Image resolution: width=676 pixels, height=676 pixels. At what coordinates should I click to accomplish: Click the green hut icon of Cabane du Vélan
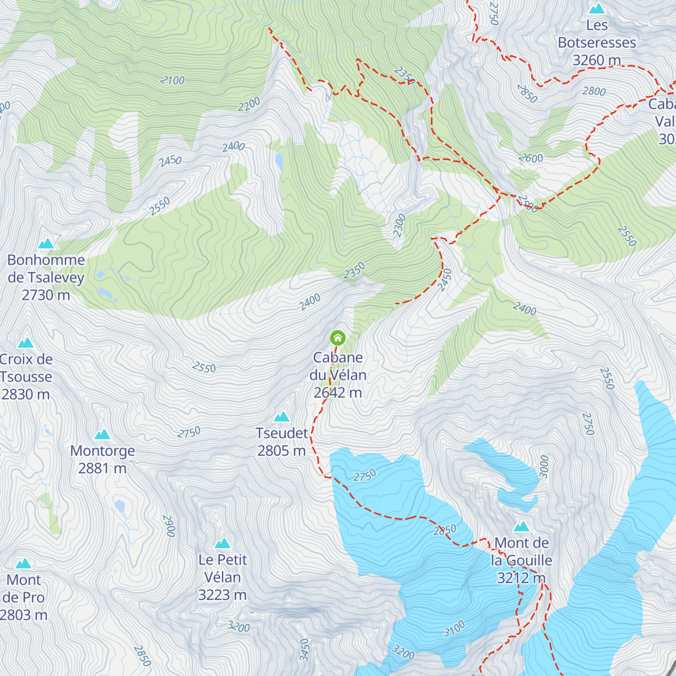click(x=337, y=338)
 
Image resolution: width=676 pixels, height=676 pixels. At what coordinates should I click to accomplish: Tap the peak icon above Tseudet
click(x=282, y=417)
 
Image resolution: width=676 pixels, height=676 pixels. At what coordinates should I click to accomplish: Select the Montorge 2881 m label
click(x=103, y=459)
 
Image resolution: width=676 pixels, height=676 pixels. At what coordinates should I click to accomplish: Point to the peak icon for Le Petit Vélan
click(x=223, y=543)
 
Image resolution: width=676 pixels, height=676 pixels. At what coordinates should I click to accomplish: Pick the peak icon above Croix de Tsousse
click(x=25, y=343)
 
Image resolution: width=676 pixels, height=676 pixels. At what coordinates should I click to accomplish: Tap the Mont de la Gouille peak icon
click(x=522, y=526)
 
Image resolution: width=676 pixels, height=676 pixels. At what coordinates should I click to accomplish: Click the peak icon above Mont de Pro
click(x=24, y=563)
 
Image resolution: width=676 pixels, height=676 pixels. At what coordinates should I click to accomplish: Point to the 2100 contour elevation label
click(x=172, y=81)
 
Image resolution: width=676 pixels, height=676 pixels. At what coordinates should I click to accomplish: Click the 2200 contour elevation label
click(x=249, y=104)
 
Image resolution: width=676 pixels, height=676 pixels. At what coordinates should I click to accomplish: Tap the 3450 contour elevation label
click(x=304, y=650)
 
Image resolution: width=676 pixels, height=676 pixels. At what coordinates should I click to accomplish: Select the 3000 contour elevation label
click(x=544, y=466)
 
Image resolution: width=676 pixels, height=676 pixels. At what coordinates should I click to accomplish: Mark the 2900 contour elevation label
click(x=169, y=526)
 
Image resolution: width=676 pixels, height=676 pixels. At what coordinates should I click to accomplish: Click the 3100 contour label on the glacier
click(x=454, y=628)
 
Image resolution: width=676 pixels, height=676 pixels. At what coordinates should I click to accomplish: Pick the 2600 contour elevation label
click(x=531, y=158)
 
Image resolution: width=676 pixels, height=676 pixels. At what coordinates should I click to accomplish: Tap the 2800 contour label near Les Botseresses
click(x=594, y=91)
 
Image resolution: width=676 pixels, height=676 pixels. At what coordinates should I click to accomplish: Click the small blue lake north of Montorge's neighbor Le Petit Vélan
click(x=119, y=506)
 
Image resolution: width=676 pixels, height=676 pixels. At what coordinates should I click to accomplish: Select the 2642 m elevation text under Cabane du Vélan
click(x=337, y=393)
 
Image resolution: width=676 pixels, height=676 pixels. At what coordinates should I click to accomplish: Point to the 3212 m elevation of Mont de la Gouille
click(x=521, y=578)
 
